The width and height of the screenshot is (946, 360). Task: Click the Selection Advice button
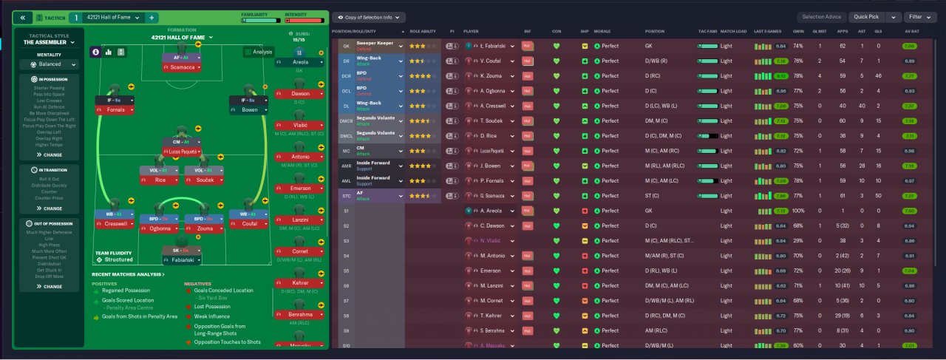point(820,17)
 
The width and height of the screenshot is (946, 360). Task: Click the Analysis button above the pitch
point(259,52)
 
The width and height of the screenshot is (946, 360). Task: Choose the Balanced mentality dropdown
point(50,64)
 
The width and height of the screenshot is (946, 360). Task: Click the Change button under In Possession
point(50,155)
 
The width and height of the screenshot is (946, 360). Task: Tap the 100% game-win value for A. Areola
point(798,211)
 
